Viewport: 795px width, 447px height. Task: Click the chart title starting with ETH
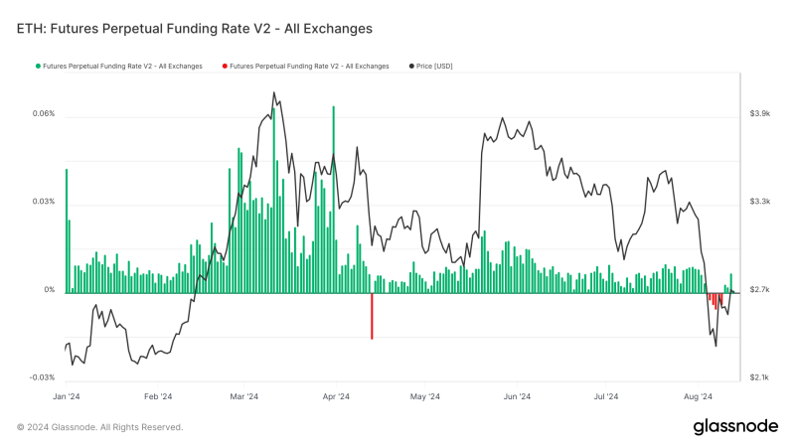point(195,29)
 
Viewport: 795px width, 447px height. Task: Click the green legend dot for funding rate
point(37,67)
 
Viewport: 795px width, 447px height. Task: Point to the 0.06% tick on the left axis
point(43,114)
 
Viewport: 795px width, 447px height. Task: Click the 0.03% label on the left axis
point(43,203)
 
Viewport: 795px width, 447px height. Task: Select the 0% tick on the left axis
point(49,290)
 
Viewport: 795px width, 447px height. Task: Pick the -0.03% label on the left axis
point(42,377)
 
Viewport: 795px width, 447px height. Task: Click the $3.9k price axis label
point(760,114)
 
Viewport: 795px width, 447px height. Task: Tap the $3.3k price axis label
point(760,202)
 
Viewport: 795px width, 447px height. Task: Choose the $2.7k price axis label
point(760,290)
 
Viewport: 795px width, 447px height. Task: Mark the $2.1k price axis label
point(760,377)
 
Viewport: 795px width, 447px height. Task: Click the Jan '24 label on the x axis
point(66,395)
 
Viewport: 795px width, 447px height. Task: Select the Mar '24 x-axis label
point(244,395)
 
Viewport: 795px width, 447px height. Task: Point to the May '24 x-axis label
point(424,395)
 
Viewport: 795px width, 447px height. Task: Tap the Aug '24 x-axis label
point(699,395)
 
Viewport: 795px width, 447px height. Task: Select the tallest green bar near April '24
point(334,199)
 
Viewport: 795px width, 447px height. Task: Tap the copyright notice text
point(99,426)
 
